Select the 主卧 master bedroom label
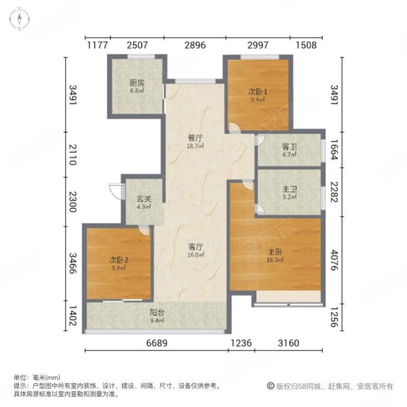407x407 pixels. (275, 250)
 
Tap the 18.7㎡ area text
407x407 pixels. (197, 145)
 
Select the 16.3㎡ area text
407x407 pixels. (275, 258)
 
